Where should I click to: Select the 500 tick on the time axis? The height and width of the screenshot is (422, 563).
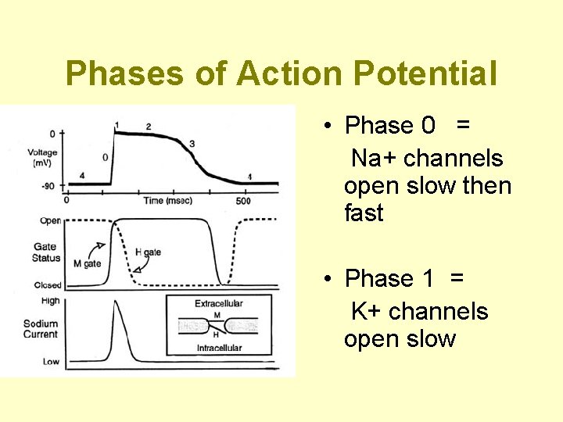244,201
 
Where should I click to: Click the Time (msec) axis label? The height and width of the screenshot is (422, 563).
165,201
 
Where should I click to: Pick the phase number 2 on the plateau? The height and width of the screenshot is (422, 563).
149,127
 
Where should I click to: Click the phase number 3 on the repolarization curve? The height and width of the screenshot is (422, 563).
192,144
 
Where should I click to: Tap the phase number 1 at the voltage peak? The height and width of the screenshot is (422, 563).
117,125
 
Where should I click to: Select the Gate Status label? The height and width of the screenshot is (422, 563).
46,252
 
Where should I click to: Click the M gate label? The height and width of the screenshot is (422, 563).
87,263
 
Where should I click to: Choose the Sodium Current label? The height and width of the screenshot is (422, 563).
41,329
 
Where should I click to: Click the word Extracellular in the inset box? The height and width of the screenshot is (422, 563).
219,303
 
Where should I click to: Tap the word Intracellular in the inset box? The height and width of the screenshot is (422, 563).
219,348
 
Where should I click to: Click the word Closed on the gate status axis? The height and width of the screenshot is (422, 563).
48,285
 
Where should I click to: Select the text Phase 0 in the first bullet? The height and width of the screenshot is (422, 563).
389,125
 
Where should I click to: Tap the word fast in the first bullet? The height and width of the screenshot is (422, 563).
364,213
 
